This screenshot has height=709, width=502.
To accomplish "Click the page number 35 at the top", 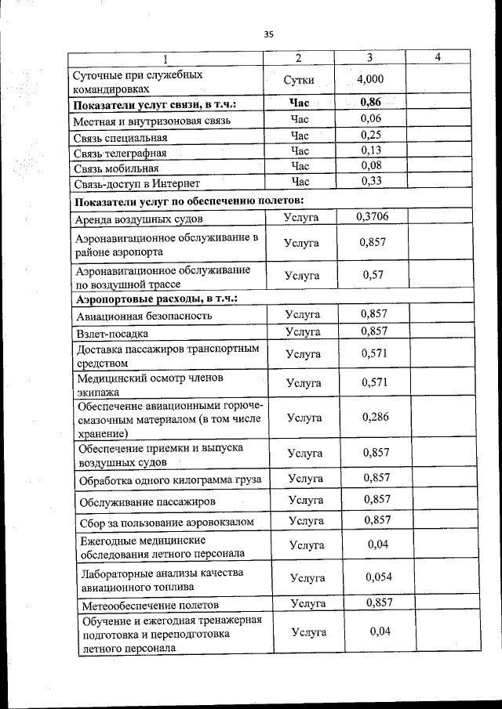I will pos(268,34).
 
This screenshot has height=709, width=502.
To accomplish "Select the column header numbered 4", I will pos(437,57).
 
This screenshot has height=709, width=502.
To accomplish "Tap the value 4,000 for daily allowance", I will pos(369,80).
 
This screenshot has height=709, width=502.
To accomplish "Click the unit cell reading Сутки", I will pos(300,80).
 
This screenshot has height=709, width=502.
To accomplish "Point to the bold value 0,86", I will pos(370,103).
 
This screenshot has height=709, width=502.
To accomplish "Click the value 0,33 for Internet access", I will pos(370,182).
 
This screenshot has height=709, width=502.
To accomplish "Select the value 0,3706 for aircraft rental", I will pos(371,216).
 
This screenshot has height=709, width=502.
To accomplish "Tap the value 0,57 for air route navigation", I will pos(372,276).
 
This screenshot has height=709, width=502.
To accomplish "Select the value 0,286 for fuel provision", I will pos(375,417).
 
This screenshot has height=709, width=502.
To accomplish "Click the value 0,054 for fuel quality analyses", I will pos(378,577).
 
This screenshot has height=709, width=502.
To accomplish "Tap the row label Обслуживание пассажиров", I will pos(147,501).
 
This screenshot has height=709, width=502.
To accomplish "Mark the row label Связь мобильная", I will pos(117,168).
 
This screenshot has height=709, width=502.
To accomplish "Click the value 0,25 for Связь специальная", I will pos(370,135).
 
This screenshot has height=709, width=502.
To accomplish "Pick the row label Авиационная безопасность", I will pos(144,317).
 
